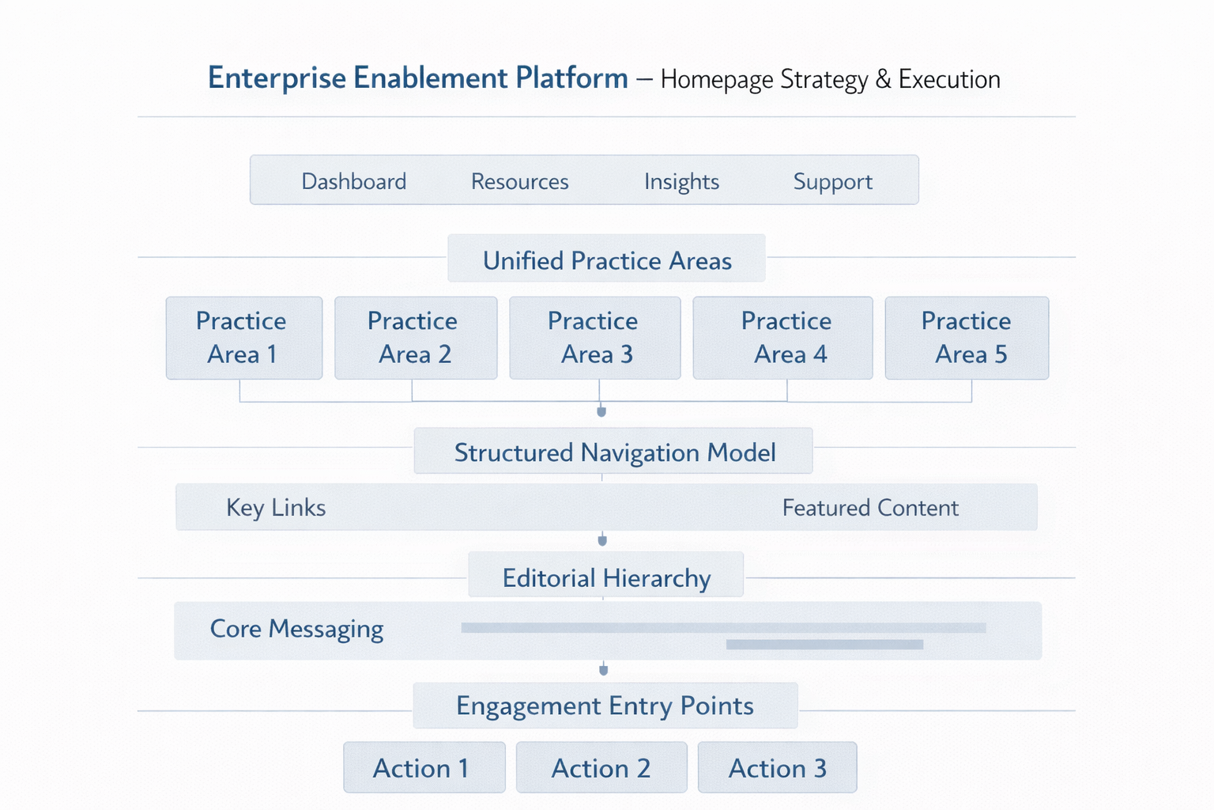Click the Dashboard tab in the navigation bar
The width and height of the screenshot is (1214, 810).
point(354,181)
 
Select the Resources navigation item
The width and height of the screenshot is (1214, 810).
point(520,181)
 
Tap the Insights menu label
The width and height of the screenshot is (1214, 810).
point(681,182)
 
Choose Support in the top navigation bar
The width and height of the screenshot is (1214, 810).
point(832,182)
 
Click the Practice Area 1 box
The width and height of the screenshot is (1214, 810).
point(244,338)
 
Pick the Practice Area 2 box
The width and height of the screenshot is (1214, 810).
point(416,338)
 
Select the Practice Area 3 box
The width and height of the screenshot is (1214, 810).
point(595,338)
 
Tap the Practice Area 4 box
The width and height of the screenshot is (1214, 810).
point(782,338)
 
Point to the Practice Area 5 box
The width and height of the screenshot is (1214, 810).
point(967,338)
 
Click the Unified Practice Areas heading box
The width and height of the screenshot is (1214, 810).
point(606,258)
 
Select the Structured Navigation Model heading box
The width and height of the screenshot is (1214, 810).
point(613,451)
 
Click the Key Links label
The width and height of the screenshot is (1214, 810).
point(276,508)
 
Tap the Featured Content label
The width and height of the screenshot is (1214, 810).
point(870,508)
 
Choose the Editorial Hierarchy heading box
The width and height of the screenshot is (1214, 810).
point(606,574)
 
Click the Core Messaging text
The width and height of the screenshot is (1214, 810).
point(296,630)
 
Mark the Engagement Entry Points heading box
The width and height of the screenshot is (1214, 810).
point(605,706)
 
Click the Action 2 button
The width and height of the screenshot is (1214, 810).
point(601,767)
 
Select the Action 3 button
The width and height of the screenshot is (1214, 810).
point(777,767)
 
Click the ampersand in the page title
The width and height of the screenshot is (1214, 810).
point(883,79)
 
